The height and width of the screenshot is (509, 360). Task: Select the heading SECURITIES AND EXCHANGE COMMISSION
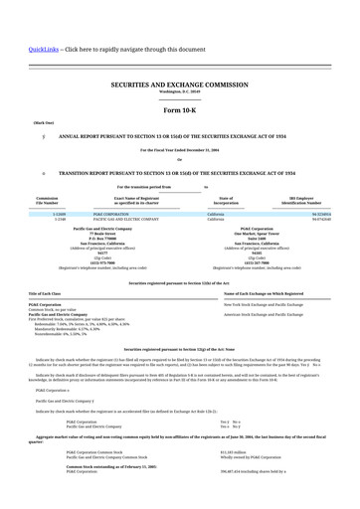(179, 86)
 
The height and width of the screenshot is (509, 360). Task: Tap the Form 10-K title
(179, 109)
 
